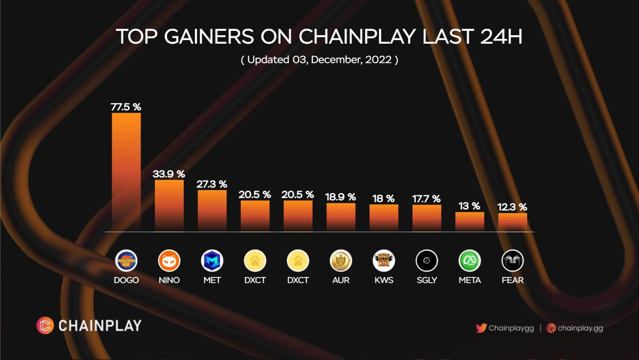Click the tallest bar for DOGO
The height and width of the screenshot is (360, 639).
(x=126, y=171)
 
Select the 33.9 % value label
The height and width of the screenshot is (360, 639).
(x=169, y=174)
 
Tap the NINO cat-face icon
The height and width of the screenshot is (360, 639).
(x=169, y=261)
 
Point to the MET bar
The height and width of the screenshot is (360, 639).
(x=212, y=210)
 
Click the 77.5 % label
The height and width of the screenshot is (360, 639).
(x=126, y=107)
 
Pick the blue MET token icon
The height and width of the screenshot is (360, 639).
(x=212, y=261)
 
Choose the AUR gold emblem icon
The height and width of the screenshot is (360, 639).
(x=341, y=261)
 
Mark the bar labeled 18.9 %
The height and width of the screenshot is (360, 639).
(x=341, y=217)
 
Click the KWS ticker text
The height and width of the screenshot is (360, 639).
(x=383, y=280)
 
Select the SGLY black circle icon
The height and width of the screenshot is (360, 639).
(x=427, y=261)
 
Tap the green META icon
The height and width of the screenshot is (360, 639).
(x=470, y=261)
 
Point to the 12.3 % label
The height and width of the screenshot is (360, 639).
(x=512, y=207)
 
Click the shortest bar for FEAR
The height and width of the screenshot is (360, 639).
(x=512, y=222)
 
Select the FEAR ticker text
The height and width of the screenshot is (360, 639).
(x=512, y=280)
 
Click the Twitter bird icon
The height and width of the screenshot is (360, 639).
(x=481, y=328)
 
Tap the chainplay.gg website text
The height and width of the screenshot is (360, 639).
(x=580, y=328)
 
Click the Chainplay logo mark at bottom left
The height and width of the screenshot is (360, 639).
(x=45, y=325)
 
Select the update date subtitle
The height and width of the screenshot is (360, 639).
(x=319, y=60)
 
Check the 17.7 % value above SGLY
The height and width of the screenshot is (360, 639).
(x=427, y=199)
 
